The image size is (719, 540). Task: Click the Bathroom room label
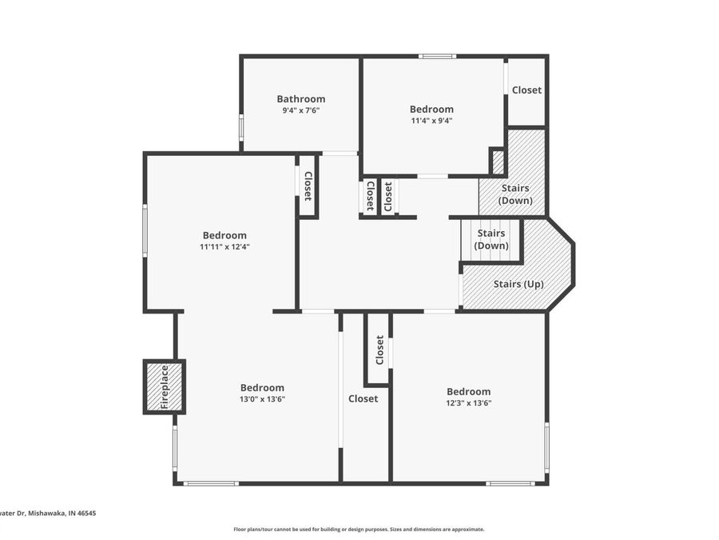coord(301,99)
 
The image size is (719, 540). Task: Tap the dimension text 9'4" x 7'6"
coord(301,111)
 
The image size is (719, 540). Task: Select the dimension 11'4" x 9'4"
coord(431,121)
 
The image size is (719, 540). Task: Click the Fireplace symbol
coord(165,387)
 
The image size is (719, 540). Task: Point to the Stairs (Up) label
coord(518,284)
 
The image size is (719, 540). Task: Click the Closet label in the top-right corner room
coord(526,90)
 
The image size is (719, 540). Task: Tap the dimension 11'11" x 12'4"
coord(224,247)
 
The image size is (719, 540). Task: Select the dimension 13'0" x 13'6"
coord(262,399)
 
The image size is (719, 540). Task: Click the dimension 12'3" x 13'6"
coord(468,403)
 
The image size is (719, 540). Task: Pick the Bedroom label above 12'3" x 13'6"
coord(468,391)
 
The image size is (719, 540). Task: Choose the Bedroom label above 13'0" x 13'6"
coord(262,387)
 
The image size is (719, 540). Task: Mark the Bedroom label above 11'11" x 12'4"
coord(224,235)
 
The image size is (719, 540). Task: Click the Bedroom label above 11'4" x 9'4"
coord(431,109)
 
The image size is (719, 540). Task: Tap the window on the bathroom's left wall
coord(241,128)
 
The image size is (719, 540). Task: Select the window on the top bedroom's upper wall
coord(438,56)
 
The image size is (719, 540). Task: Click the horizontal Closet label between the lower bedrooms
coord(363,398)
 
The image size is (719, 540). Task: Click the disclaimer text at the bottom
coord(359,529)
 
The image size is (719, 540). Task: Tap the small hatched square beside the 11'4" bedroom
coord(497,162)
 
